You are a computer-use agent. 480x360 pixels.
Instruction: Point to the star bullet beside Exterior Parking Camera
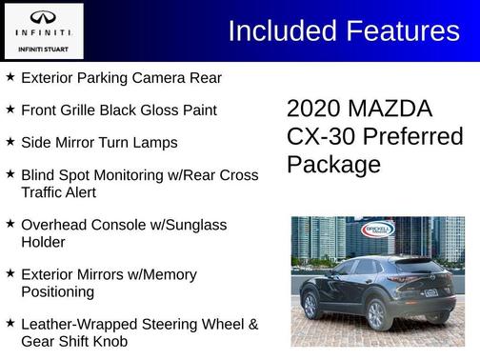[x=10, y=76]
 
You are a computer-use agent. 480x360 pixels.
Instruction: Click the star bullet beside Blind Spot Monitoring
[x=10, y=174]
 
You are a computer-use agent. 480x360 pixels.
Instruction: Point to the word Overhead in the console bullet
[x=55, y=225]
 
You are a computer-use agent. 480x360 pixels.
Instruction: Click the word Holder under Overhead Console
[x=45, y=242]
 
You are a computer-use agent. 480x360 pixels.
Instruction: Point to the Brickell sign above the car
[x=377, y=229]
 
